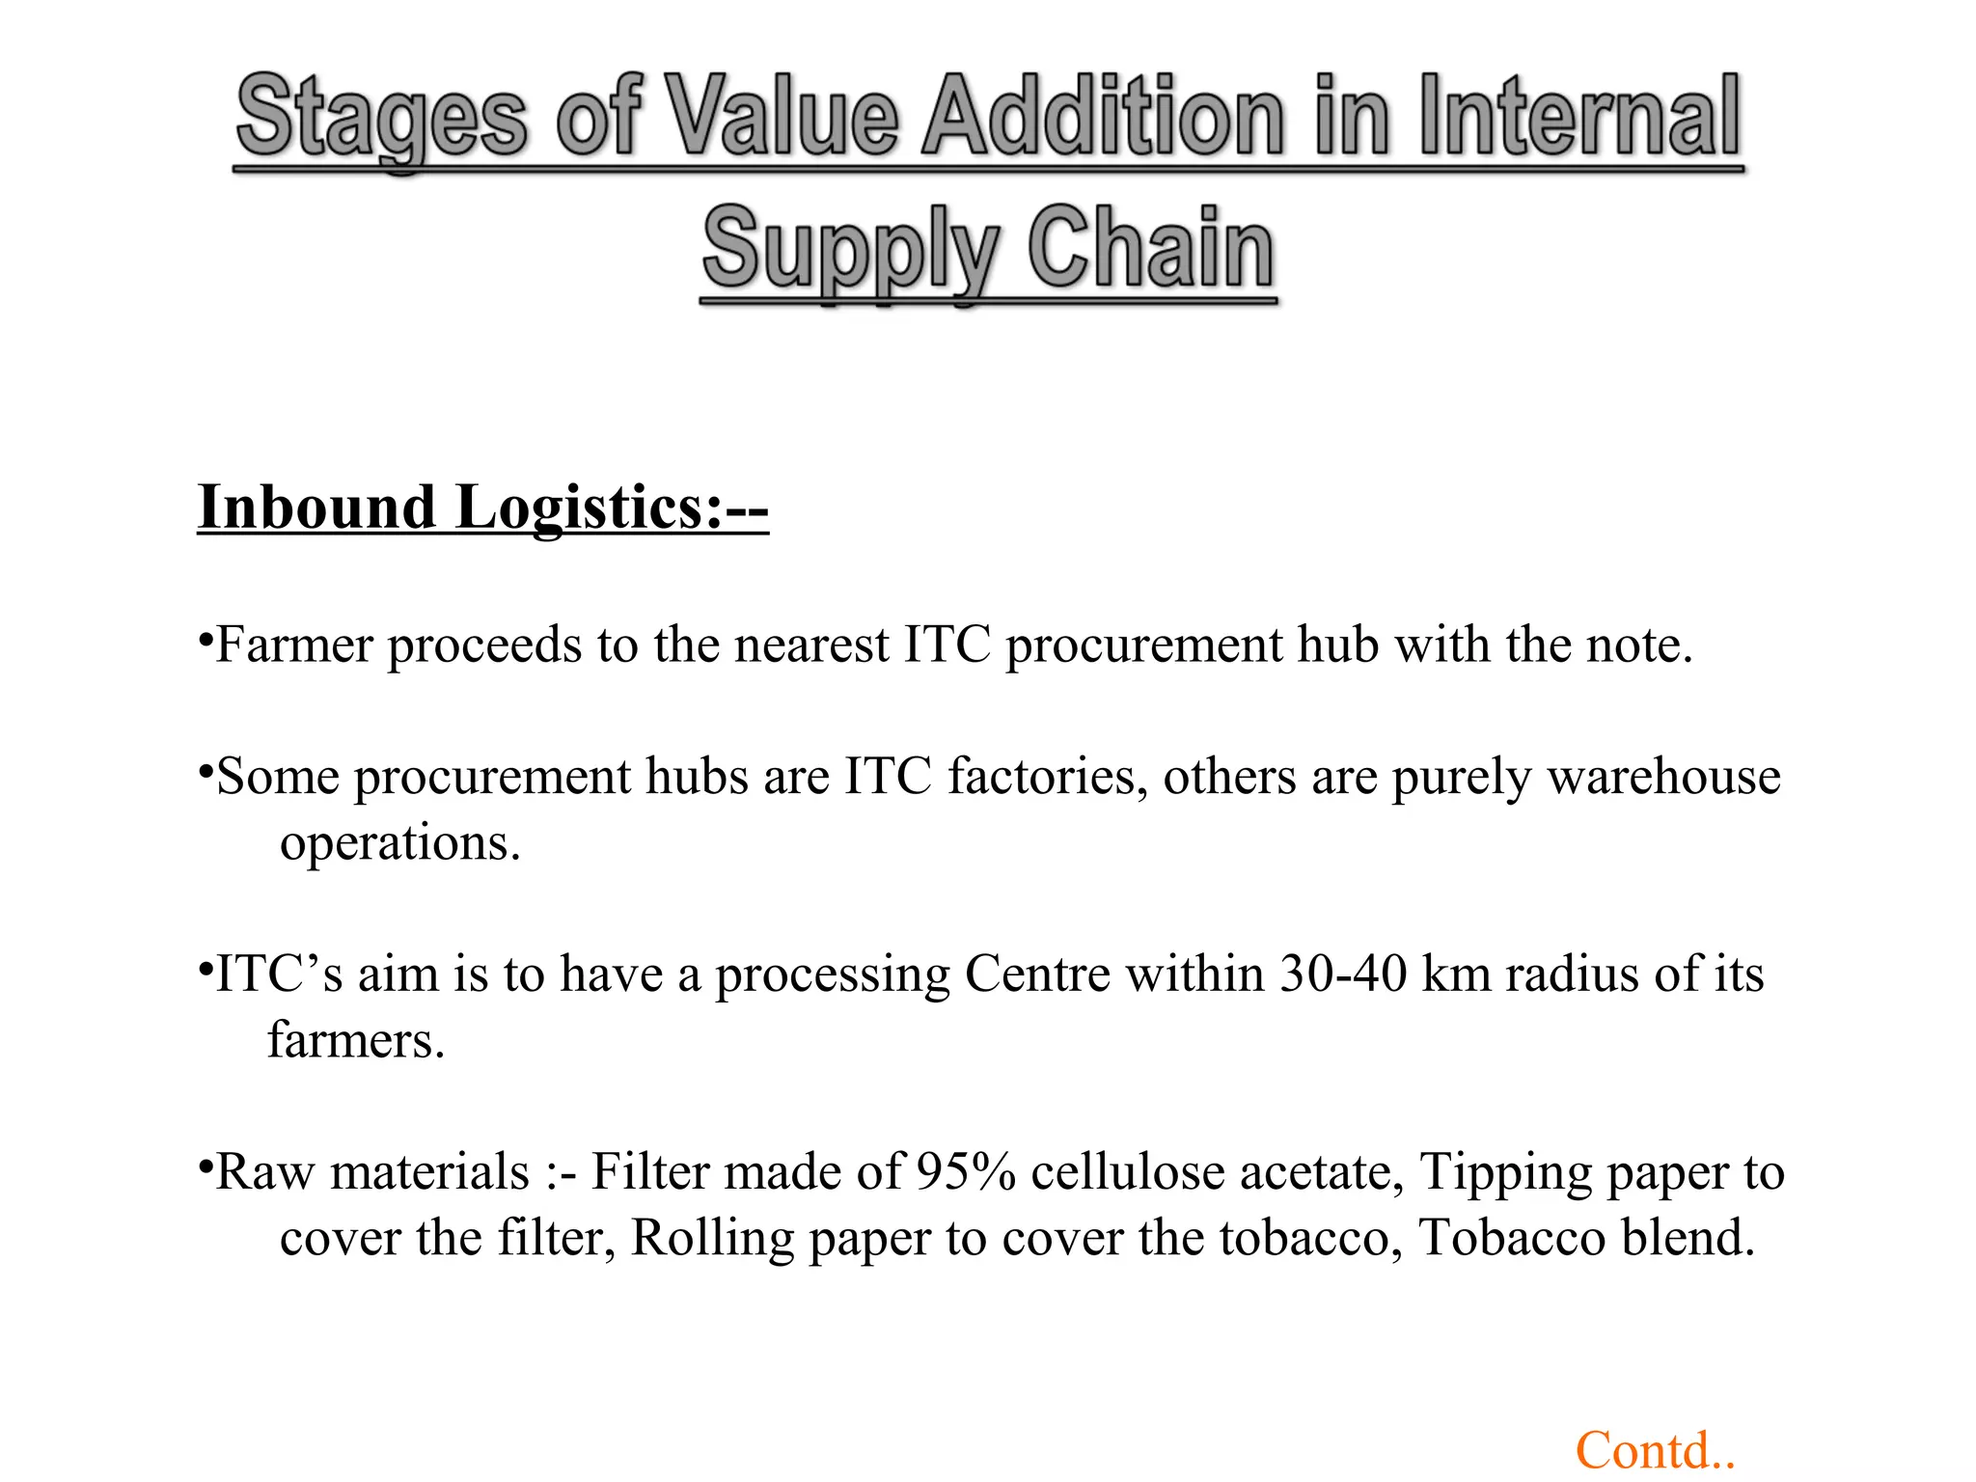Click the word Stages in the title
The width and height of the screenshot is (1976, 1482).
tap(382, 118)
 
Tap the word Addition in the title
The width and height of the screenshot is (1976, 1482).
tap(1103, 118)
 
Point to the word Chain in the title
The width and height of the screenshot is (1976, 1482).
tap(1150, 249)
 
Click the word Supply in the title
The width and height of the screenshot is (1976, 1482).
tap(850, 249)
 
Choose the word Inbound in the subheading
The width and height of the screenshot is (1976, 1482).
tap(316, 508)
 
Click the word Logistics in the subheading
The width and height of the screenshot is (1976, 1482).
tap(588, 508)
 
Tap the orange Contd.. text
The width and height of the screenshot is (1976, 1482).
tap(1655, 1451)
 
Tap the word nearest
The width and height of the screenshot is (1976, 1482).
tap(811, 645)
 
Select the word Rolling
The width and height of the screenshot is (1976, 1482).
tap(712, 1238)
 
